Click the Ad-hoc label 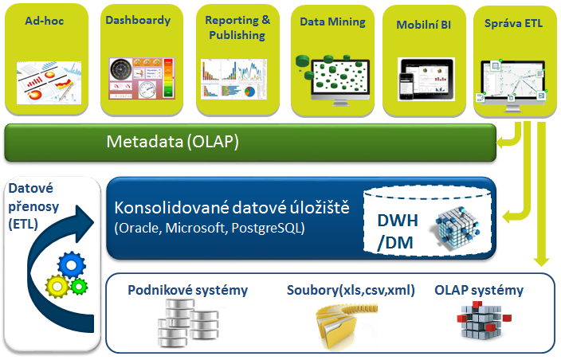45,21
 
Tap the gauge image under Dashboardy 142,78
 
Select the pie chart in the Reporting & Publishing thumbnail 249,92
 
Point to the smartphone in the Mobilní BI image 406,86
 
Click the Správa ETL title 513,23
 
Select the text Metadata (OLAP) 172,142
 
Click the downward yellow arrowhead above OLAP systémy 541,262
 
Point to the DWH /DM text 397,231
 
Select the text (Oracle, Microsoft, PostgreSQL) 210,228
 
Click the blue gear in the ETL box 72,265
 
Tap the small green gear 79,286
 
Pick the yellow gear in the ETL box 57,286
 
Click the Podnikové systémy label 188,290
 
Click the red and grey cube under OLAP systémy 484,320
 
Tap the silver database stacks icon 188,323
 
